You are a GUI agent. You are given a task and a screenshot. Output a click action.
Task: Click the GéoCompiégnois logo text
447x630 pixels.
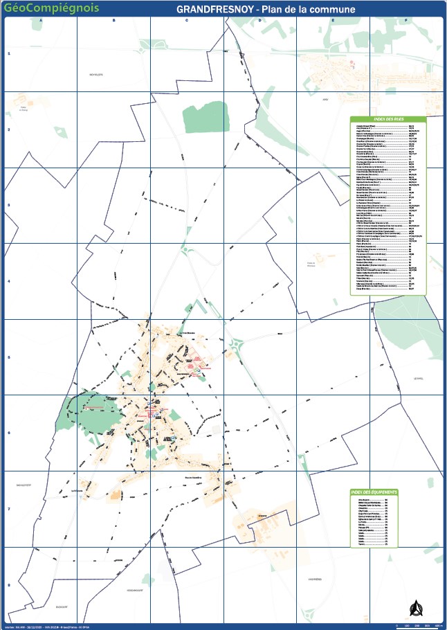[51, 8]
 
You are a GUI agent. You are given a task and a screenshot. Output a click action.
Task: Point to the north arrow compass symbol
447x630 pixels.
[416, 607]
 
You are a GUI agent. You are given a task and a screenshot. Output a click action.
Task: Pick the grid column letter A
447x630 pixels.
[41, 20]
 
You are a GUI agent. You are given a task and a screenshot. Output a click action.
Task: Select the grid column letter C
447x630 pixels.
[187, 20]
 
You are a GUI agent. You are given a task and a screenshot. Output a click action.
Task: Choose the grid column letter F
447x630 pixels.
[405, 20]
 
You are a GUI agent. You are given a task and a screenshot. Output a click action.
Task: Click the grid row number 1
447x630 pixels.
[8, 53]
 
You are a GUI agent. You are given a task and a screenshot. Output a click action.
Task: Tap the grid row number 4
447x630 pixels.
[8, 281]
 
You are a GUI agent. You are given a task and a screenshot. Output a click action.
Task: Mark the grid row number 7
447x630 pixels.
[8, 509]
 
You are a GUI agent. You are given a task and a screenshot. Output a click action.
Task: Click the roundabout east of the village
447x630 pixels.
[237, 344]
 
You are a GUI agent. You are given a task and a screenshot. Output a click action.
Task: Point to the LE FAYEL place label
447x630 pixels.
[416, 379]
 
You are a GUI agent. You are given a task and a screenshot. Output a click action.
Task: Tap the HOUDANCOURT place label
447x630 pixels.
[134, 590]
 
